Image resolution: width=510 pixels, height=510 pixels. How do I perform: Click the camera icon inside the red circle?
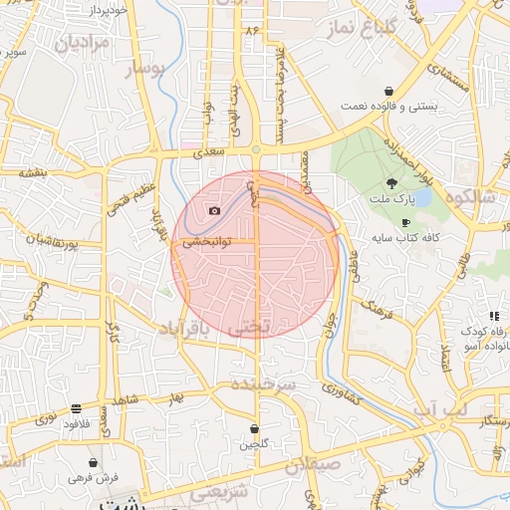tap(214, 210)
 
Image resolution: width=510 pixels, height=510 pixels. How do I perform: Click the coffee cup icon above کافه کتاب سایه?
tap(405, 222)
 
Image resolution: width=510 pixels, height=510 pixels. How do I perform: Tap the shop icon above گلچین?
tap(255, 428)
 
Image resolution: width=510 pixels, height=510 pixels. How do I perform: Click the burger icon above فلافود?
tap(77, 408)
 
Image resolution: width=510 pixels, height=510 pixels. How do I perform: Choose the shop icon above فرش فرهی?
tap(93, 462)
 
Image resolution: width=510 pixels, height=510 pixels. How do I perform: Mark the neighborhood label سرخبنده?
tap(259, 382)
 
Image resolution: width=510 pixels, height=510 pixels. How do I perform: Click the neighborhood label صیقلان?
tap(313, 465)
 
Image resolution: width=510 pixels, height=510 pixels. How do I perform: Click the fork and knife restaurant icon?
tap(494, 316)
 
